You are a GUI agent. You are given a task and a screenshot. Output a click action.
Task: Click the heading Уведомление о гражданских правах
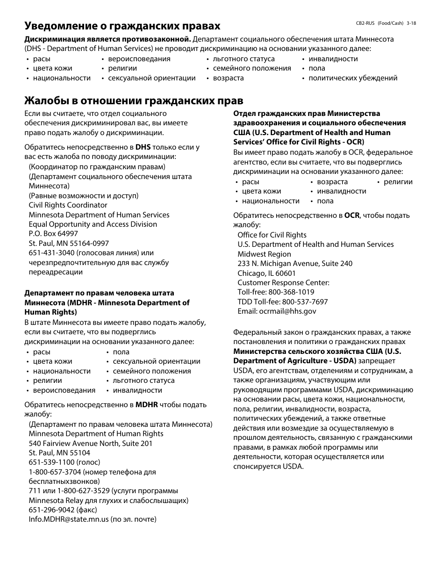click(122, 26)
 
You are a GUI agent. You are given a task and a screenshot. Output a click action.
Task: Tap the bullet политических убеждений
click(353, 78)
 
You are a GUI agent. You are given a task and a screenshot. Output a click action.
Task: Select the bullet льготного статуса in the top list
click(243, 59)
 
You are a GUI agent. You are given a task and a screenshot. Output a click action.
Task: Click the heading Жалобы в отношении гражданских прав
click(134, 101)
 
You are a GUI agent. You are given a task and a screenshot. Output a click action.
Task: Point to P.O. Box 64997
click(53, 234)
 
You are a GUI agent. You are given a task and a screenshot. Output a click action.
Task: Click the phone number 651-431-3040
click(51, 253)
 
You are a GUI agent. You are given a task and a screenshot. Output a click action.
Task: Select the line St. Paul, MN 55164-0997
click(69, 244)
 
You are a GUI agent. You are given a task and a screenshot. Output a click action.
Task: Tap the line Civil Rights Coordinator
click(68, 205)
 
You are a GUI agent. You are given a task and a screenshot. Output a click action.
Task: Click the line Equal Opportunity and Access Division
click(93, 224)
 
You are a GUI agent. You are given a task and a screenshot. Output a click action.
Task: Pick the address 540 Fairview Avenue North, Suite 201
click(90, 443)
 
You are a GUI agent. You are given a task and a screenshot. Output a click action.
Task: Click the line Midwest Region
click(264, 254)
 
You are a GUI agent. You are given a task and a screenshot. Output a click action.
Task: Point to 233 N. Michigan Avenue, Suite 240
click(294, 264)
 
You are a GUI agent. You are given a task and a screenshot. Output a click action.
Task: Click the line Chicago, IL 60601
click(266, 273)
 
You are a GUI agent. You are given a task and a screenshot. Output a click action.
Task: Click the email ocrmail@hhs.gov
click(287, 311)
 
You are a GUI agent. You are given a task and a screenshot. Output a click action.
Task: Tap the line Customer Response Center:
click(283, 283)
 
